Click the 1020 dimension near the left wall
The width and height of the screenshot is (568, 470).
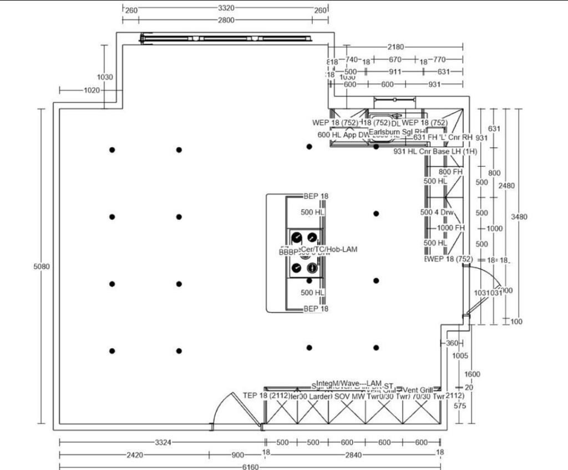(92, 90)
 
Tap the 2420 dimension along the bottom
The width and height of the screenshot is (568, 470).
(135, 455)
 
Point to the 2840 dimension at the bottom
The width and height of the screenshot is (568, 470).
(353, 455)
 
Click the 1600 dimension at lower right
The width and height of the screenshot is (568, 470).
(472, 374)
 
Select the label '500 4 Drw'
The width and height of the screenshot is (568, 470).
(437, 212)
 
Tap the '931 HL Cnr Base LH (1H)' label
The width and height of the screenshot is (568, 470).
(435, 151)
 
